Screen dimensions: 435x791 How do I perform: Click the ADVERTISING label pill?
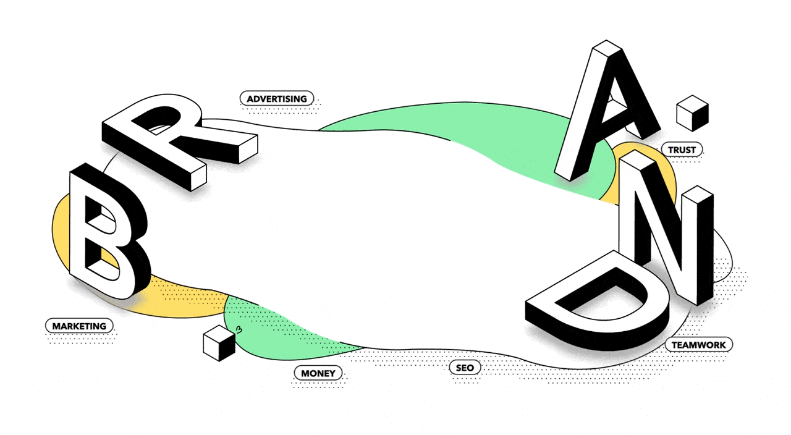click(x=277, y=98)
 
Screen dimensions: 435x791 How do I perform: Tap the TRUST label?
click(x=682, y=150)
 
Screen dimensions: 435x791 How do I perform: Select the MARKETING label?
click(x=79, y=326)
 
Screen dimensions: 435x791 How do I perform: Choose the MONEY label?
click(x=318, y=373)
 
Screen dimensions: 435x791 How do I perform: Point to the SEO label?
click(x=465, y=368)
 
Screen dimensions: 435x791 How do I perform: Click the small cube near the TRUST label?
click(x=692, y=113)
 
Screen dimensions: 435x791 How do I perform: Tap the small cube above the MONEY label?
click(x=219, y=344)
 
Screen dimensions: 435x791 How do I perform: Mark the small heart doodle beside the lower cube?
click(x=239, y=331)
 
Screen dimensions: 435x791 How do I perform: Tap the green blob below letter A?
click(x=494, y=142)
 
